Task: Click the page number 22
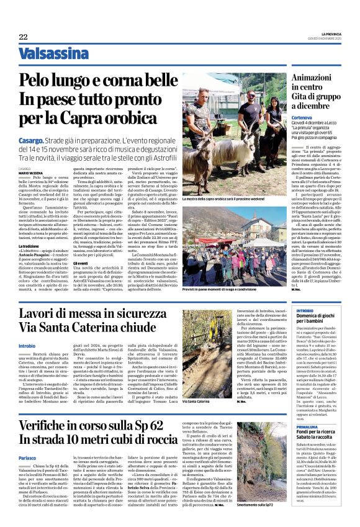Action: [23, 37]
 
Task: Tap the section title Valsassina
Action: [53, 54]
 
